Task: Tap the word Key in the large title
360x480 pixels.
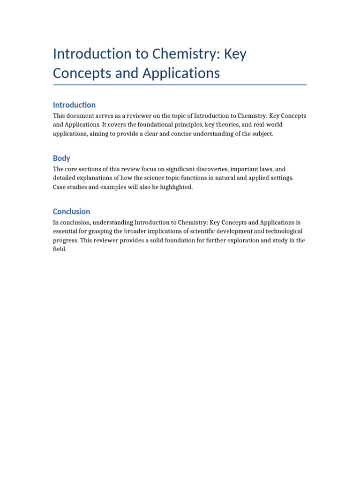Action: click(235, 54)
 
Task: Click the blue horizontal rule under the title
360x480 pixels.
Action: click(180, 85)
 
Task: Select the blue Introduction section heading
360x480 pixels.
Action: click(74, 105)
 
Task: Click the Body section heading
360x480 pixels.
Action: click(61, 158)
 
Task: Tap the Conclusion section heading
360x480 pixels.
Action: click(71, 211)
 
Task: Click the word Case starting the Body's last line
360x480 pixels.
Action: click(60, 187)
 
